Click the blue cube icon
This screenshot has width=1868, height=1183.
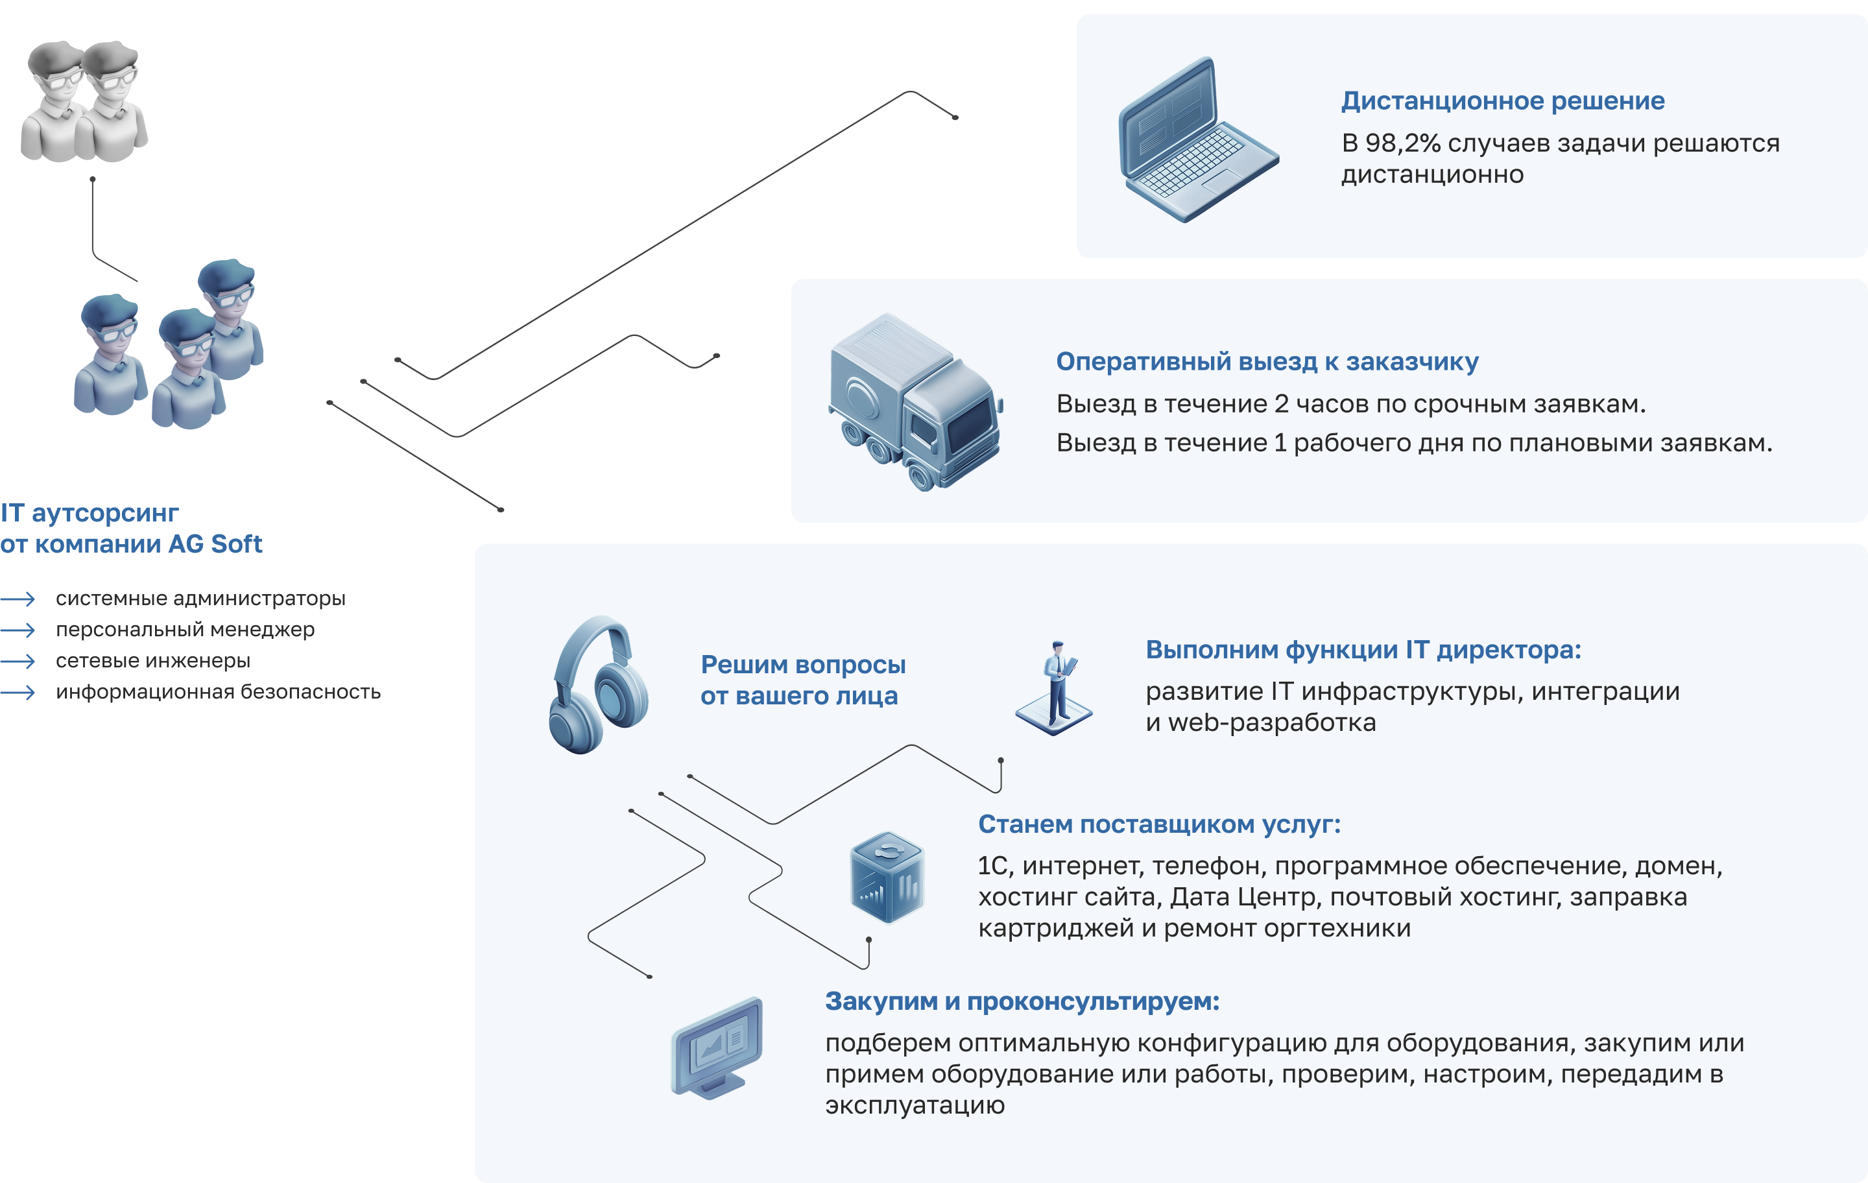[x=887, y=878]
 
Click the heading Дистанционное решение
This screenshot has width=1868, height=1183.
[x=1503, y=101]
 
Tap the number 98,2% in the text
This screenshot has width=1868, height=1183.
[x=1402, y=143]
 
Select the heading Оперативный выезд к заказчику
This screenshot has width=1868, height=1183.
[x=1267, y=361]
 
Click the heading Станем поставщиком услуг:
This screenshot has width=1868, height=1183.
[x=1159, y=824]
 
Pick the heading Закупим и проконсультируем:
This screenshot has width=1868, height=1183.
[x=1022, y=1001]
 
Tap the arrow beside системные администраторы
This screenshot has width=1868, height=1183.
[x=19, y=599]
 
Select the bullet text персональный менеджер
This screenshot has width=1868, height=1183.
[x=185, y=630]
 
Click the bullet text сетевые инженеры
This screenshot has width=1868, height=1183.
[x=153, y=661]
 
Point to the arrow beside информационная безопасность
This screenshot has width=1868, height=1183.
[x=19, y=692]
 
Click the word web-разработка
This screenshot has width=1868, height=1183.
[x=1271, y=723]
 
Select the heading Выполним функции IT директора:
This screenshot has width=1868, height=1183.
[x=1363, y=650]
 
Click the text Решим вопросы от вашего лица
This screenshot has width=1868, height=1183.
[x=802, y=680]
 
